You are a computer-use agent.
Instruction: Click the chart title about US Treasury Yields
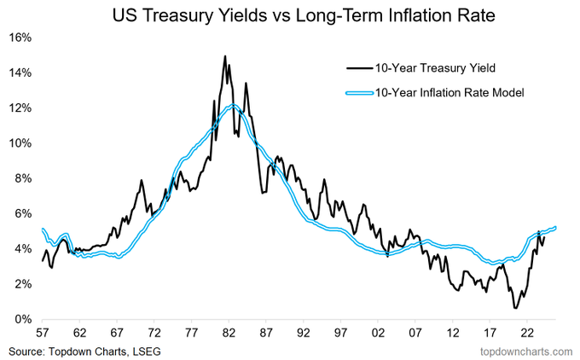tap(289, 14)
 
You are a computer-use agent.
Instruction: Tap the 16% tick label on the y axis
tap(20, 38)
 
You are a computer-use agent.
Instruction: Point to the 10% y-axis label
tap(20, 143)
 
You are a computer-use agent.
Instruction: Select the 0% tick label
tap(23, 319)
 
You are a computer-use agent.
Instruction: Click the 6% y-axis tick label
tap(23, 213)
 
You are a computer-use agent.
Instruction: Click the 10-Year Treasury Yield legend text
tap(432, 67)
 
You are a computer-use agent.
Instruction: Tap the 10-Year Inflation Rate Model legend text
tap(449, 91)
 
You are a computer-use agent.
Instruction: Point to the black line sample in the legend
tap(357, 67)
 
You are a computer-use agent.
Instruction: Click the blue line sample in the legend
tap(357, 91)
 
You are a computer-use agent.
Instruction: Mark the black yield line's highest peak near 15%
tap(225, 56)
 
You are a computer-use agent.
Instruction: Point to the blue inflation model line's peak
tap(232, 106)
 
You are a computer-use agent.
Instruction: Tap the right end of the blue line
tap(555, 227)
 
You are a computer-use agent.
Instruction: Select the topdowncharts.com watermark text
tap(526, 350)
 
